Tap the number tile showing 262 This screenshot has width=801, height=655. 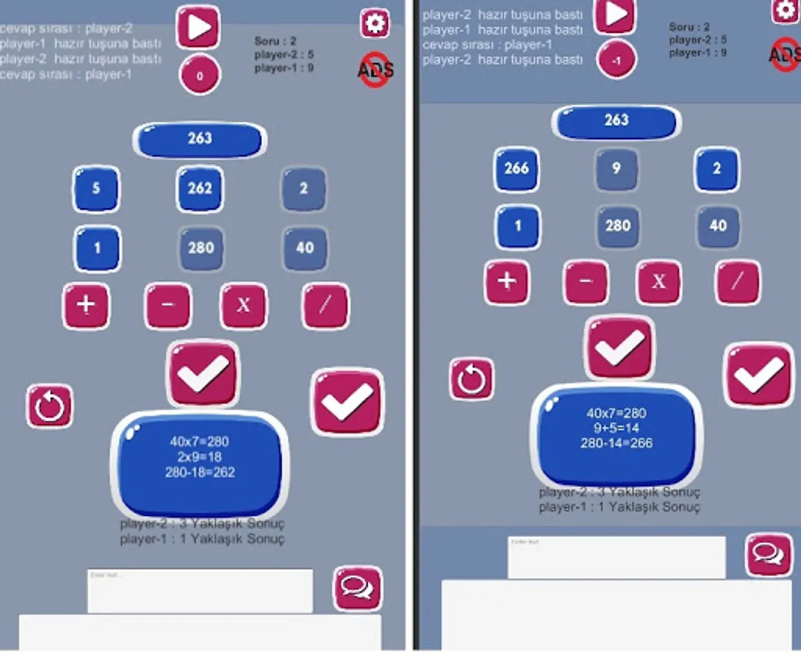coord(200,188)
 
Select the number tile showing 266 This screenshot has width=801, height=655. coord(517,169)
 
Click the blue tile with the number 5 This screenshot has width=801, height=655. coord(96,188)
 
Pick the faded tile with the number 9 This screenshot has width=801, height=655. coord(616,169)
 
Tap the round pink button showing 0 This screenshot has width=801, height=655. coord(200,75)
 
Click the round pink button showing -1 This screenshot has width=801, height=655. coord(616,61)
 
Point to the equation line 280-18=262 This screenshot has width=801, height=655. coord(199,472)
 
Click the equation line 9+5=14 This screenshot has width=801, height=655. coord(616,428)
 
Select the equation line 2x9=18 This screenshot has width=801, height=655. coord(199,457)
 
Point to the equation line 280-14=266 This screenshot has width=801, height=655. coord(616,442)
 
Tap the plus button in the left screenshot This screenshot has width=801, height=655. coord(86,306)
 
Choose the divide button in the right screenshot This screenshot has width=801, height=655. coord(737,282)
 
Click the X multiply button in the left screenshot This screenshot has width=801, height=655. coord(243,306)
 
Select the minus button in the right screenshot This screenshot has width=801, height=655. coord(585,282)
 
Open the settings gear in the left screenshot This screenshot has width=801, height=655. coord(375,23)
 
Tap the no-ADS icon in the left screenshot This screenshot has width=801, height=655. coord(376,69)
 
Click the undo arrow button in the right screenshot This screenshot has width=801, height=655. coord(471,378)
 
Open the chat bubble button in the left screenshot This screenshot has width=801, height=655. coord(358,587)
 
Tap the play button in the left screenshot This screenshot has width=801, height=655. coord(198,28)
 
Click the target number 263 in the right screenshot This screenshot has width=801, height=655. coord(616,121)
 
